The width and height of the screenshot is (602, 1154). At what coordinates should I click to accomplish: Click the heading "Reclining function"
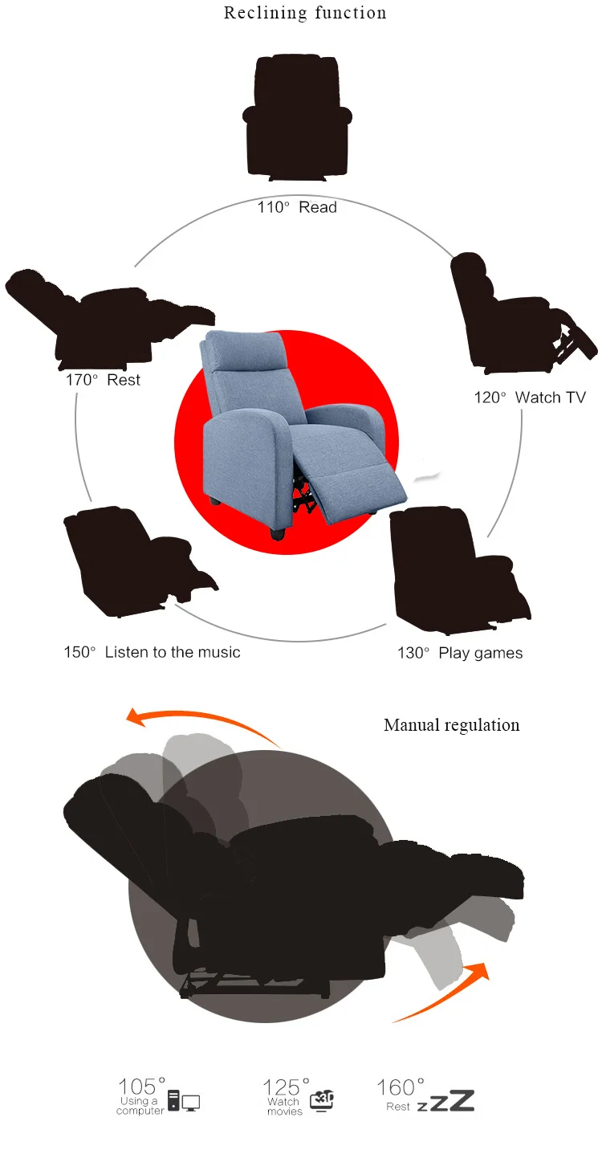305,13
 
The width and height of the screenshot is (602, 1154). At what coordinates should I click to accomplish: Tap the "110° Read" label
296,207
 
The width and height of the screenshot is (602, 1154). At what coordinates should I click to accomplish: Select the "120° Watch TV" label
529,397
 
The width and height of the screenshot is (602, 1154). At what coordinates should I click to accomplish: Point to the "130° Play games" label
459,653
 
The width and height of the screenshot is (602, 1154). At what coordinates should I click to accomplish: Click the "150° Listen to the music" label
152,652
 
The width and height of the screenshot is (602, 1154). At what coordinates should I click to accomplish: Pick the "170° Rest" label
103,380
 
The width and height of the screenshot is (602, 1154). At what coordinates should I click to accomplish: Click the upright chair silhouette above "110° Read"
298,116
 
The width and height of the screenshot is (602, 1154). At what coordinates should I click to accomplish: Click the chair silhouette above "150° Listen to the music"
132,558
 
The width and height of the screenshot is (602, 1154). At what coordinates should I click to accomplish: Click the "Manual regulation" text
451,725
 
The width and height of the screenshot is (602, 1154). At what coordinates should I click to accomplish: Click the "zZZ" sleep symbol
446,1102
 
